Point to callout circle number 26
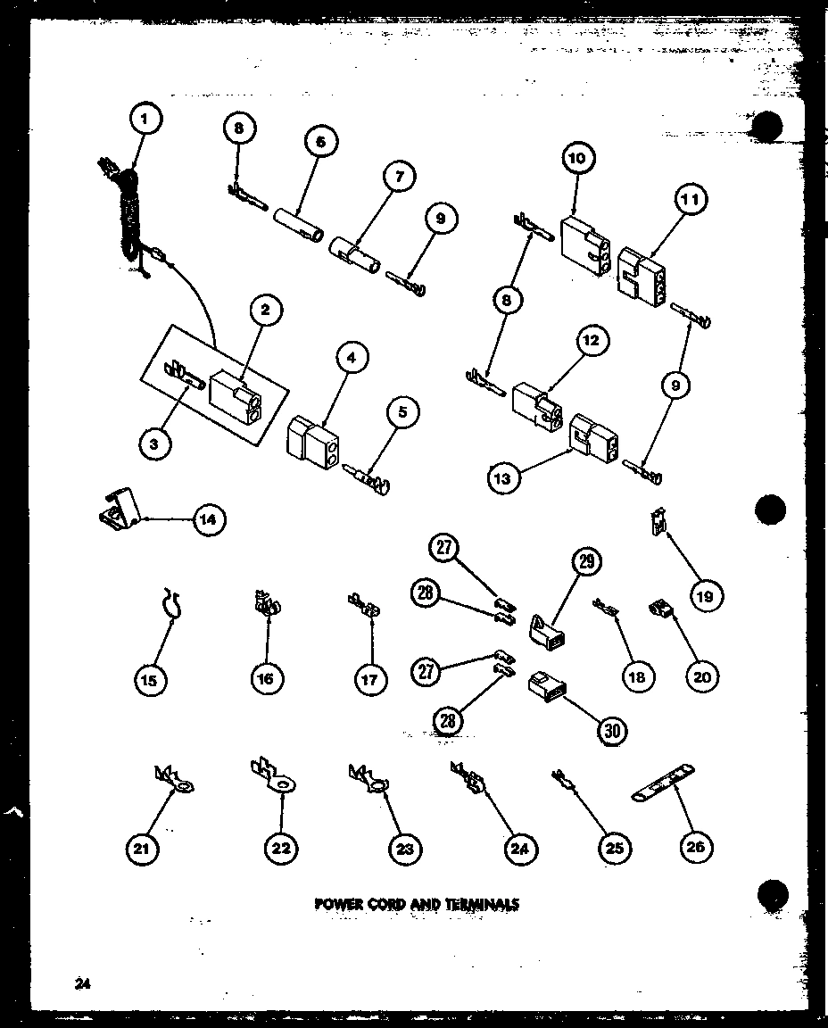tap(696, 847)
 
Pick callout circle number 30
tap(610, 731)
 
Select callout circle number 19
tap(705, 596)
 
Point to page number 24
tap(83, 984)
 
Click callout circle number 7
tap(399, 178)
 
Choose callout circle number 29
tap(586, 561)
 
